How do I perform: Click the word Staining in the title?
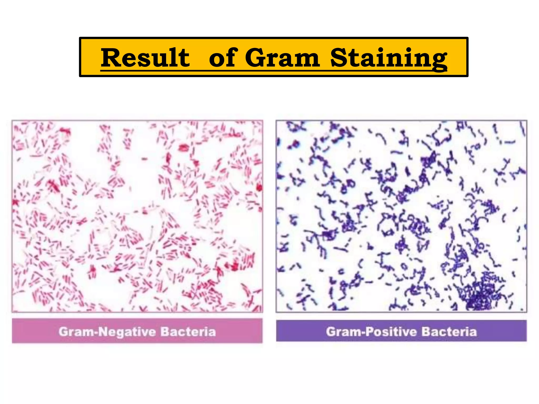click(389, 58)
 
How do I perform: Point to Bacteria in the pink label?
click(188, 332)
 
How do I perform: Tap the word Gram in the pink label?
click(76, 332)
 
